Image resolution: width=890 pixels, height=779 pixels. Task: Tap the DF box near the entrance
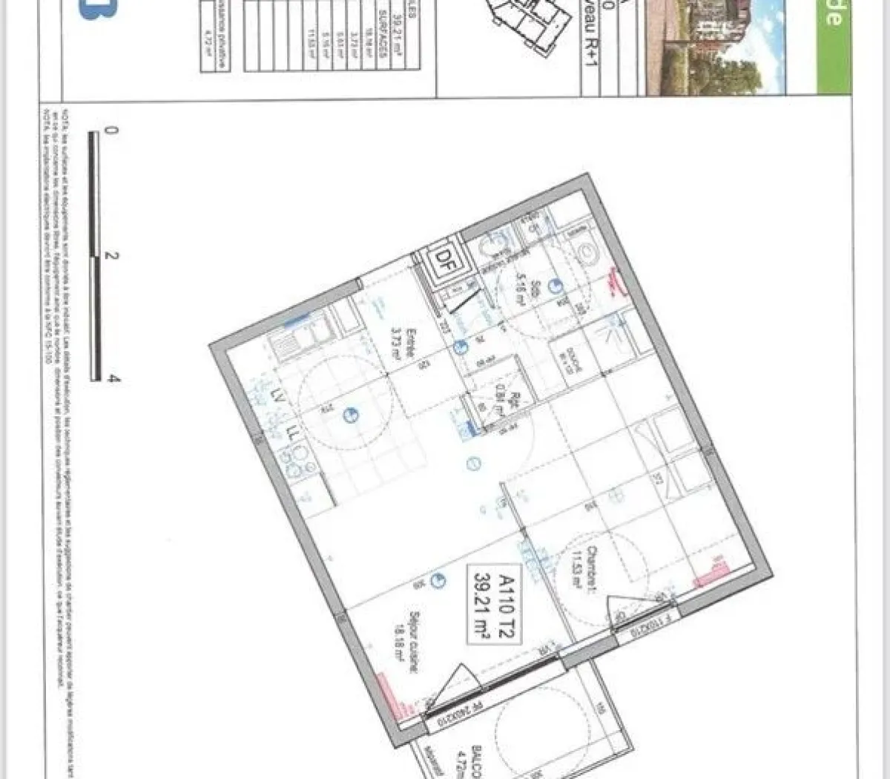pos(444,260)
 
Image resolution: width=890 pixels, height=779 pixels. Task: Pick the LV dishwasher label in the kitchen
pos(279,395)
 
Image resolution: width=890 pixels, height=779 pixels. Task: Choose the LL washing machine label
pos(292,433)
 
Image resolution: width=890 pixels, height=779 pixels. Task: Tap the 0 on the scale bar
pos(111,131)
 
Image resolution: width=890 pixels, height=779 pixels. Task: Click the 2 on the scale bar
pos(111,256)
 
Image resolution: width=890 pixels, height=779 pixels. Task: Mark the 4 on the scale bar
pos(112,378)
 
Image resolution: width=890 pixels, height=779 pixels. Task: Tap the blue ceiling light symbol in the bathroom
pos(554,285)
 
